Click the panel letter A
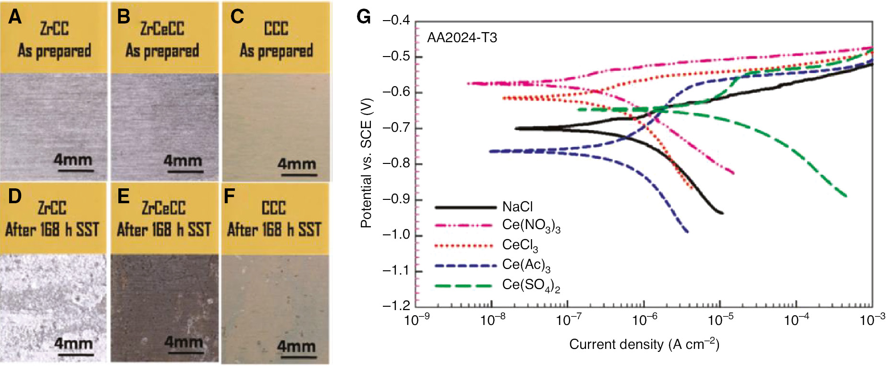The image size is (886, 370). pos(15,18)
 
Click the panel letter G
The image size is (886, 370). pos(364,18)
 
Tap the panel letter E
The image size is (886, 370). pos(123,196)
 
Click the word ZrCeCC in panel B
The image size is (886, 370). pos(162,29)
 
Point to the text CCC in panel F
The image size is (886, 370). pos(274,208)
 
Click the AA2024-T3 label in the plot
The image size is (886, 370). pos(462,38)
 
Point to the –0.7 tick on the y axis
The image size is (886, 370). pos(396,128)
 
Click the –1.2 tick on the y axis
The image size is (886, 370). pos(396,306)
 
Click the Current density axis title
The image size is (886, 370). pos(644,345)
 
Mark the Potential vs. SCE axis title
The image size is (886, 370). pos(366,163)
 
